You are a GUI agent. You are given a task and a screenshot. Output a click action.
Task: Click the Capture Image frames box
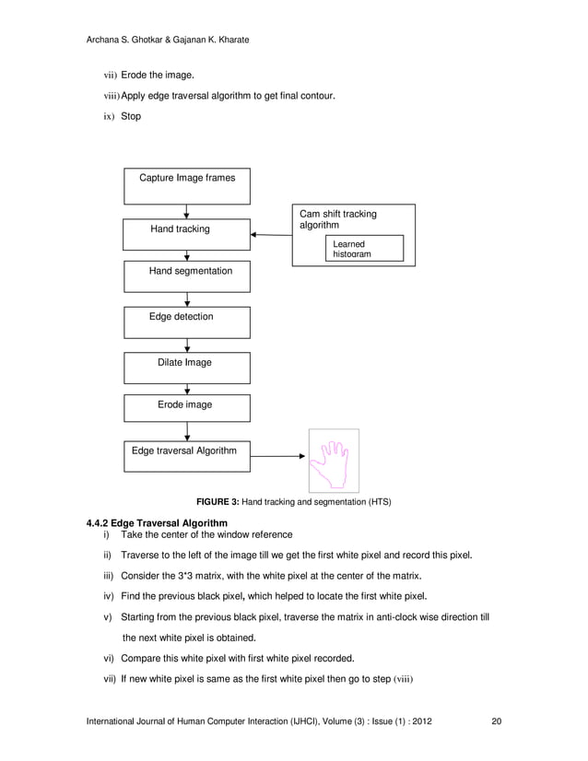187,185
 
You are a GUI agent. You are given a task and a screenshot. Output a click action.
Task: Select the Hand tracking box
187,234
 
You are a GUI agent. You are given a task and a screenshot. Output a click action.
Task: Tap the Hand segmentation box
187,276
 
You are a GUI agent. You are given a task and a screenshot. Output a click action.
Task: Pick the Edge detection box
187,322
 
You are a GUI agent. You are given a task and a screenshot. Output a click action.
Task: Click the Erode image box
187,408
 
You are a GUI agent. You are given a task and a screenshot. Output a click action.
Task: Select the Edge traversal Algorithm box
187,455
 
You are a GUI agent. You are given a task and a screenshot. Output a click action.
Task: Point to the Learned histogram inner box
364,248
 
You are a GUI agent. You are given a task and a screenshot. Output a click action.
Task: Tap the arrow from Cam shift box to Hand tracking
271,235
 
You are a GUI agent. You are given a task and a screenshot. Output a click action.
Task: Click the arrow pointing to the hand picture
278,455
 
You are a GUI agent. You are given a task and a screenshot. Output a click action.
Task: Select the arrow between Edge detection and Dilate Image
187,345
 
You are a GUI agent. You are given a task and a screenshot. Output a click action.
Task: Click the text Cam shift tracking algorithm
337,219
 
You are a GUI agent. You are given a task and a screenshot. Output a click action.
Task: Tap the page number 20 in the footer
496,720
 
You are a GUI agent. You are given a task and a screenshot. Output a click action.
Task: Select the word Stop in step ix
131,117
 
